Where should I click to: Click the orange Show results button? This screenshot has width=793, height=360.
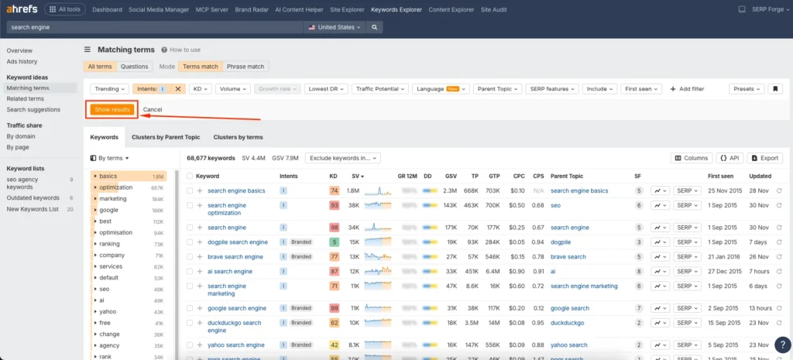[112, 110]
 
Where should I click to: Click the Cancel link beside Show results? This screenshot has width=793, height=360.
[153, 110]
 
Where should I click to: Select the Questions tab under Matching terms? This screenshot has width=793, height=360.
[134, 67]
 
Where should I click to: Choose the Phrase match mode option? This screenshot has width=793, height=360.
[245, 67]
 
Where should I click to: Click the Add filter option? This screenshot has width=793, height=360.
[687, 89]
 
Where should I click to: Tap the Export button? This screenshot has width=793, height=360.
[764, 158]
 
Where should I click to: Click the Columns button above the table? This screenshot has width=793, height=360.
[691, 158]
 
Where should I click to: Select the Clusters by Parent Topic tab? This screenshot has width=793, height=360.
[166, 137]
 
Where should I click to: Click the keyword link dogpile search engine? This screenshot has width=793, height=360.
[237, 242]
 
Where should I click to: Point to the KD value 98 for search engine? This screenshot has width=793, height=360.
[335, 228]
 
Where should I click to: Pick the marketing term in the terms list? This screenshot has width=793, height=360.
[113, 199]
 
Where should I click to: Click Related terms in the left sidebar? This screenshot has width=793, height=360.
[25, 99]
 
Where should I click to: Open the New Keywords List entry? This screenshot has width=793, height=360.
[33, 209]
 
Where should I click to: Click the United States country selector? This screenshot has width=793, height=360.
[335, 27]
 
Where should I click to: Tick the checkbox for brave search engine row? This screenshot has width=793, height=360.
[190, 257]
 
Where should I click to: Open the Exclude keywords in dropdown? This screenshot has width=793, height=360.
[343, 158]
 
